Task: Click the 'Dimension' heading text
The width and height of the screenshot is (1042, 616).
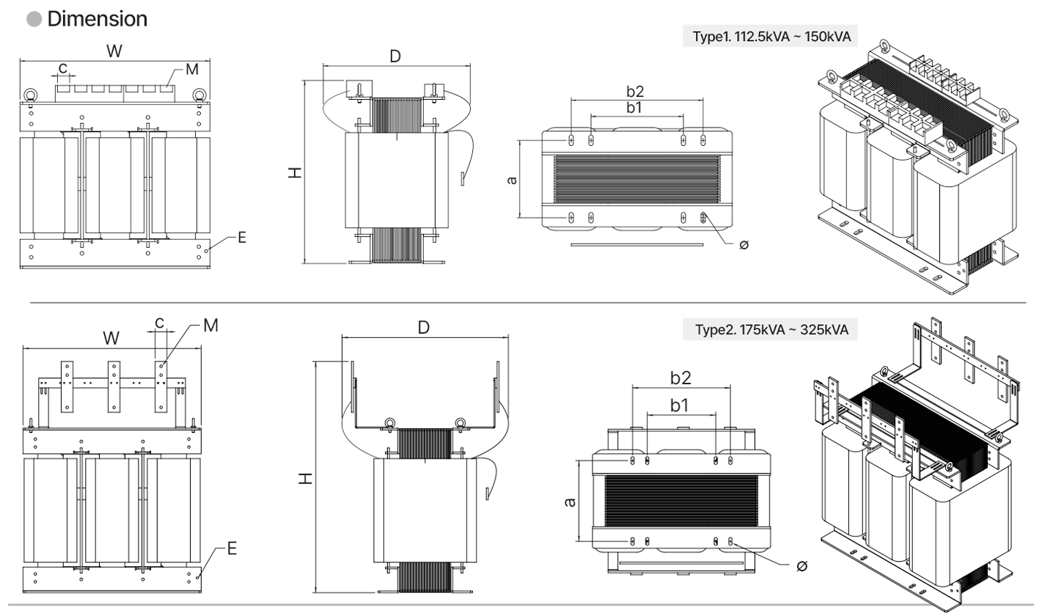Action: click(x=97, y=19)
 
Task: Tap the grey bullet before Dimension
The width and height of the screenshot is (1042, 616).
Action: click(x=34, y=20)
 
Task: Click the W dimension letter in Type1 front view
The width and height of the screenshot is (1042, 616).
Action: click(x=114, y=51)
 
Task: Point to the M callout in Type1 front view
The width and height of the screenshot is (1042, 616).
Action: click(x=192, y=70)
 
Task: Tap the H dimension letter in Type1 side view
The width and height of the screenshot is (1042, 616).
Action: click(x=293, y=172)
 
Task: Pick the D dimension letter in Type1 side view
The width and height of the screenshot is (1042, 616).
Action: click(x=395, y=56)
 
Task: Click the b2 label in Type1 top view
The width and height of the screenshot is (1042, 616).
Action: click(x=635, y=92)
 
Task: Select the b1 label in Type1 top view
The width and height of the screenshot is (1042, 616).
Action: click(x=635, y=107)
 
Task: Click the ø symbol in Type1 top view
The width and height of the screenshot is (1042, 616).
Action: click(x=744, y=244)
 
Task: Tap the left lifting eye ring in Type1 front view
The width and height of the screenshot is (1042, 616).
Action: click(x=31, y=95)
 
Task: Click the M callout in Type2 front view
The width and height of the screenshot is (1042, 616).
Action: click(x=210, y=325)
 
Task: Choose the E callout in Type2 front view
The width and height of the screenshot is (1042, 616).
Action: click(x=232, y=548)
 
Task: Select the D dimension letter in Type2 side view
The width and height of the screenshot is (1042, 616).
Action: click(x=423, y=327)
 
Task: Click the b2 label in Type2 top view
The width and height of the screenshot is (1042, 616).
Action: click(x=681, y=378)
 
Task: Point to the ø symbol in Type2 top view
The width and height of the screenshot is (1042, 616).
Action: click(x=801, y=565)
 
